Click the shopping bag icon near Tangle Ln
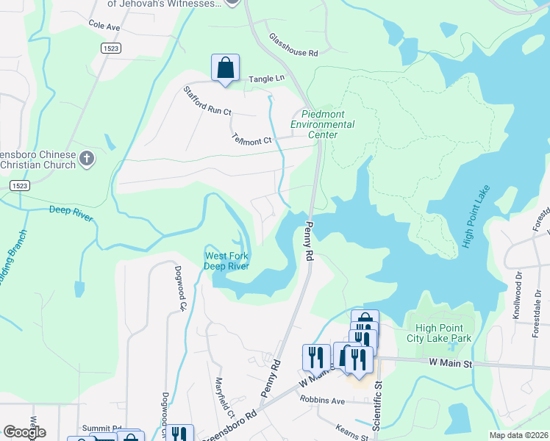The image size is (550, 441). tap(226, 68)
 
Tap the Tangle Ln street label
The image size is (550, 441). tap(266, 78)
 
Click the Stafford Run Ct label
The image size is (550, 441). tap(207, 101)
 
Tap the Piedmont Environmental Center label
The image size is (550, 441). tap(323, 124)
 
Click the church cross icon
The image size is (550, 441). tap(87, 157)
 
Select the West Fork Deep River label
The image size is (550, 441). tap(226, 261)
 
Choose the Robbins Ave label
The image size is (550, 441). tap(322, 401)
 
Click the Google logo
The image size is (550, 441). tap(24, 432)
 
